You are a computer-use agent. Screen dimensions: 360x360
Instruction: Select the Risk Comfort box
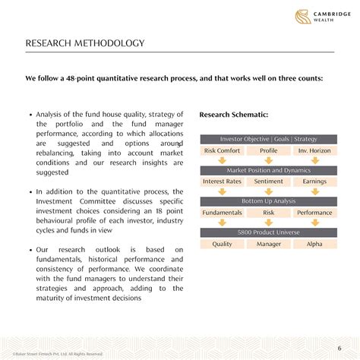(x=223, y=150)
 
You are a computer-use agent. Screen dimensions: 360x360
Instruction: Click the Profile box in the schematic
(x=268, y=150)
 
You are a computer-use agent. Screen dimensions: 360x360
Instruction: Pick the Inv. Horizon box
(x=314, y=150)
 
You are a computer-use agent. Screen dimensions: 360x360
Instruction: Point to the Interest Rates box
(x=223, y=182)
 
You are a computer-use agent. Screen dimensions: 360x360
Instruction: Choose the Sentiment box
(x=268, y=182)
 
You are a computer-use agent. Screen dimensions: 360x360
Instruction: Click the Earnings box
(x=314, y=182)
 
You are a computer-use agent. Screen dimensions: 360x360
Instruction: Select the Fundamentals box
(x=223, y=213)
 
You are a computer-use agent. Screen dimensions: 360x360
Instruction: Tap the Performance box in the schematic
(x=314, y=213)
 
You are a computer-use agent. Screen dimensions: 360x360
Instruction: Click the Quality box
(x=223, y=244)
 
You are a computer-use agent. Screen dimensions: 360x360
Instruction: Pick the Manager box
(x=268, y=244)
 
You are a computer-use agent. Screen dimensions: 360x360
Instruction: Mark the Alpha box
(x=314, y=244)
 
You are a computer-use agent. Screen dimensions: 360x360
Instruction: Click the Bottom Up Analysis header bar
(x=268, y=201)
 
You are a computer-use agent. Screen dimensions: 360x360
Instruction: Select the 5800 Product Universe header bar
(x=268, y=232)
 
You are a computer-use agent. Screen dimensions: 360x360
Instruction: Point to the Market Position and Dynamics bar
(x=268, y=170)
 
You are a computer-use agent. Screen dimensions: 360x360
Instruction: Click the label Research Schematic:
(x=233, y=115)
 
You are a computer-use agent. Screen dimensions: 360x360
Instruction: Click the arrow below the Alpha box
(x=314, y=254)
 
